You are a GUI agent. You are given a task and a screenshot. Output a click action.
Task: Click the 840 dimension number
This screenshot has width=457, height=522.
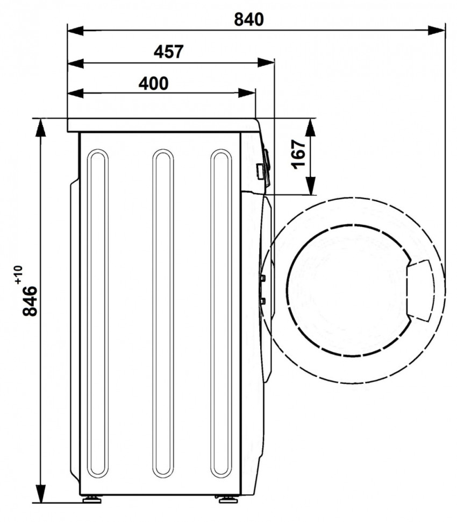coord(248,19)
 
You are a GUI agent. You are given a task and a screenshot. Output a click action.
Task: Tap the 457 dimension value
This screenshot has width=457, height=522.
coord(169,52)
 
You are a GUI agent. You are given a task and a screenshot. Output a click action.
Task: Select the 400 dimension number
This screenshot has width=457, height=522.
coord(153,83)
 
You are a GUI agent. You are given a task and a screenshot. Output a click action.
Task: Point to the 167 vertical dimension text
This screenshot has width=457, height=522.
coord(298,154)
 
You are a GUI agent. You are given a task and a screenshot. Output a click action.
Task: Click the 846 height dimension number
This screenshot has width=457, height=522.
coord(30,301)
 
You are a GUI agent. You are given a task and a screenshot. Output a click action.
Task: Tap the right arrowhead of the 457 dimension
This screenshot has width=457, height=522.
coord(266,62)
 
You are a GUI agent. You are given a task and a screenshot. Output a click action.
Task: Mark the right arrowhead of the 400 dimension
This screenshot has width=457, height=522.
coord(247,93)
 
